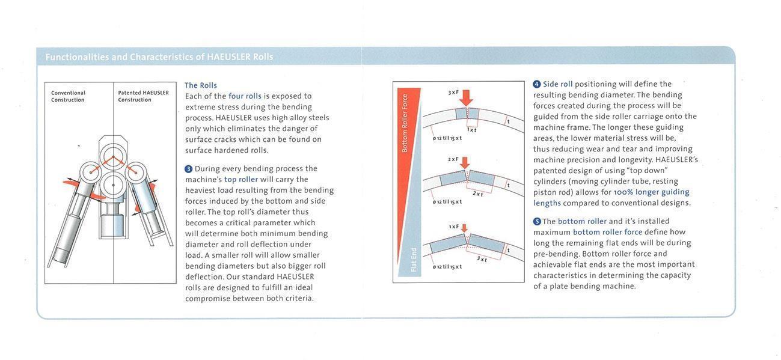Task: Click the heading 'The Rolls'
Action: point(200,85)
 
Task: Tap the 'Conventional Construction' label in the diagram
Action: point(68,96)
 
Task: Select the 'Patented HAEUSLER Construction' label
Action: point(143,96)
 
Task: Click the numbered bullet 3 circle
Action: point(188,169)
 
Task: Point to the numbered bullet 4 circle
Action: point(537,84)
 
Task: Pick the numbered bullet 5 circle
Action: point(537,221)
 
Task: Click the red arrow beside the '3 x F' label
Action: point(466,97)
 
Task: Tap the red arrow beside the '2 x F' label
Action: point(465,162)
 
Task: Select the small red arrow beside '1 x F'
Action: point(464,228)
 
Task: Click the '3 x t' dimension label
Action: point(482,259)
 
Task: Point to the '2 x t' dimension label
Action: point(478,194)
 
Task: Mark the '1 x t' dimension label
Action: point(471,129)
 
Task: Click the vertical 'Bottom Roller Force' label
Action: point(405,123)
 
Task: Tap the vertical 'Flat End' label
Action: point(414,260)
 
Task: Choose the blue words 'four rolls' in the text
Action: point(245,96)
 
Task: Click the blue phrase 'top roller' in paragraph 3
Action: point(240,179)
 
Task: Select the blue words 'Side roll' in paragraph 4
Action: point(557,84)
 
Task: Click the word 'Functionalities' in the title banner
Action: point(77,57)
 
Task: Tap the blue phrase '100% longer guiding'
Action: point(651,192)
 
